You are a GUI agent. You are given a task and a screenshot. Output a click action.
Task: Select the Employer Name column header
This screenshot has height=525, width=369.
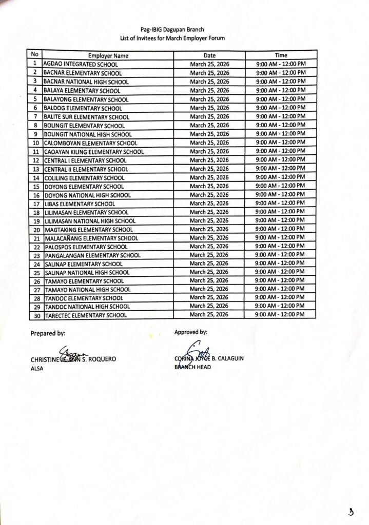(x=108, y=55)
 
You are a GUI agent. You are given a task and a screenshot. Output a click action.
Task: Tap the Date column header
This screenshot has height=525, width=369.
(x=209, y=55)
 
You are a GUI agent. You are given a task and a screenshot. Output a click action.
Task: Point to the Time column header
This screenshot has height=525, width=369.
(x=281, y=55)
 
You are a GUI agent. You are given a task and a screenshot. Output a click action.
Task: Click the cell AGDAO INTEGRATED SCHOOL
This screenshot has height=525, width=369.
(x=81, y=65)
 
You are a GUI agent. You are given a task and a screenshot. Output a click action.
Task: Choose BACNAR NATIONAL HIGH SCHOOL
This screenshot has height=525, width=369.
(x=86, y=82)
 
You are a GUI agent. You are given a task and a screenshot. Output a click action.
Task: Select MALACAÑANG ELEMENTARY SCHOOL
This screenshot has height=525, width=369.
(x=91, y=238)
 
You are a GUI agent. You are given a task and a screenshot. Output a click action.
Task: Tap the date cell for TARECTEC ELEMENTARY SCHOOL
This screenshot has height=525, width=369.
(x=209, y=315)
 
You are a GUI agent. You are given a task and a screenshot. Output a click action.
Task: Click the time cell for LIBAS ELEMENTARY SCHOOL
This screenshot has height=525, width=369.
(x=281, y=204)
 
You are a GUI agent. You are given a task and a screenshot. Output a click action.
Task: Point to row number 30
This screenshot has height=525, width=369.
(x=36, y=315)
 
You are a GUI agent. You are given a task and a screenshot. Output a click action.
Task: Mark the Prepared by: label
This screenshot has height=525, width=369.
(x=48, y=333)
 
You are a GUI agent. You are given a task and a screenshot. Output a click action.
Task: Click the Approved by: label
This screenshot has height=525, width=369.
(x=191, y=332)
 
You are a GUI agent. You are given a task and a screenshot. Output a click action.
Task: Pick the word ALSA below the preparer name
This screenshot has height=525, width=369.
(x=38, y=369)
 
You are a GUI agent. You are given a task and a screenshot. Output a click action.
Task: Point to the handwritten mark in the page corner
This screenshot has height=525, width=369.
(x=351, y=511)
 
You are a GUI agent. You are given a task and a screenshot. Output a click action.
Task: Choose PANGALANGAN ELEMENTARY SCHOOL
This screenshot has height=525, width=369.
(x=93, y=255)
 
